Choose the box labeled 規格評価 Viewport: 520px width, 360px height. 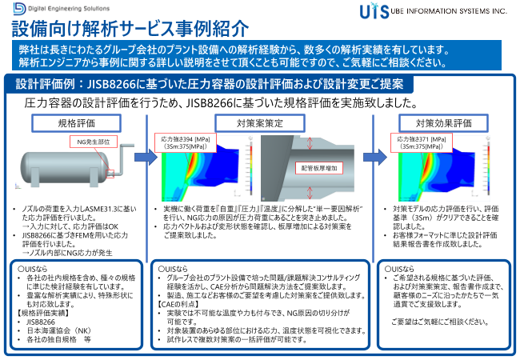(x=76, y=124)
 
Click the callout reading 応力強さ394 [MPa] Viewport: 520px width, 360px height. (x=186, y=142)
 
